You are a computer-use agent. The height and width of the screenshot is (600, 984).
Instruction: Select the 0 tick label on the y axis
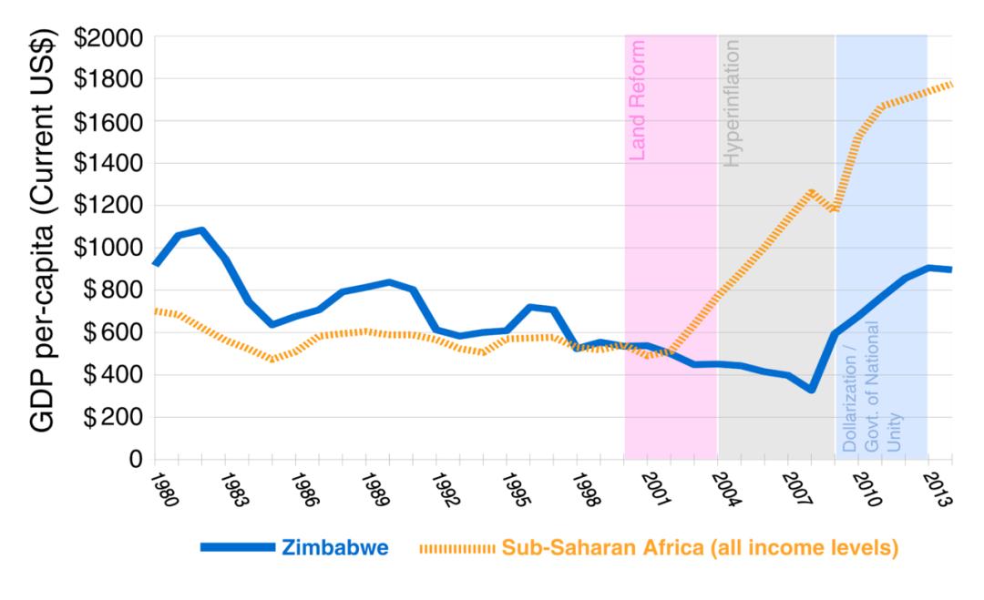136,459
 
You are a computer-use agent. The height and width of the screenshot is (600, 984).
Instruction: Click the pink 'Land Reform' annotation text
638,100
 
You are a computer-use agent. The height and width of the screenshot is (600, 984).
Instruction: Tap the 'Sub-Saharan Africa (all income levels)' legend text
700,548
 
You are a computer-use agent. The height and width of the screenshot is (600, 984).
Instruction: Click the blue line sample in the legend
237,548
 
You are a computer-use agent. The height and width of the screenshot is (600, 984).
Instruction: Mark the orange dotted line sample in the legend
458,548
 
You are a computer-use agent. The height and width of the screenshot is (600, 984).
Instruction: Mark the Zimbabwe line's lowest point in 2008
810,390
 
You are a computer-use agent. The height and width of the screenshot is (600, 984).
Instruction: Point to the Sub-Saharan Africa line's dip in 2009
834,210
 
